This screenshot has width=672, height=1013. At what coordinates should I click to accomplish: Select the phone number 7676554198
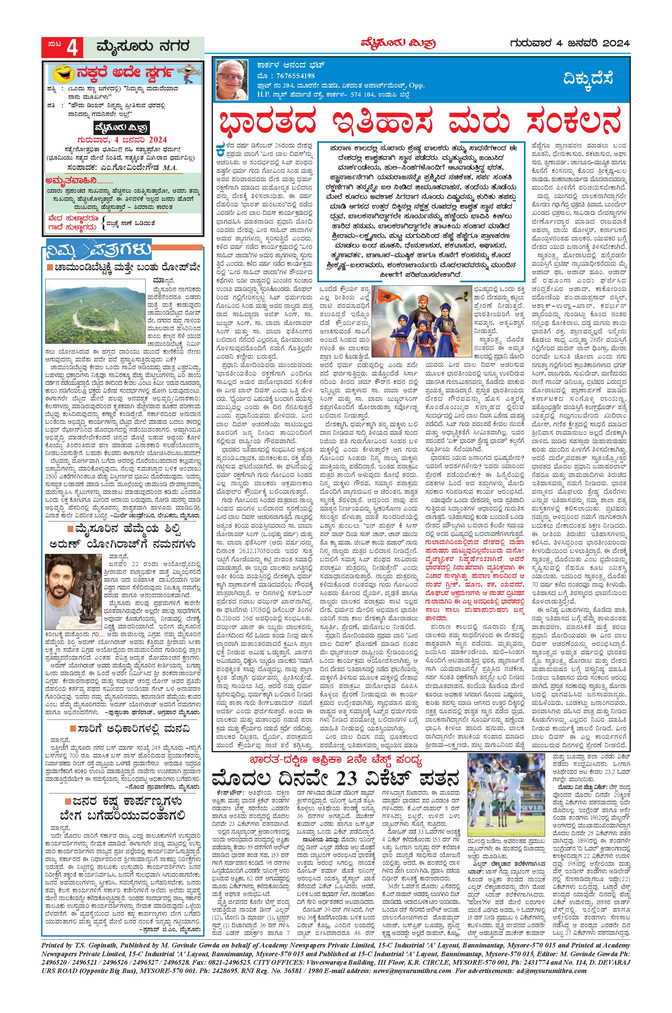click(x=290, y=75)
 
